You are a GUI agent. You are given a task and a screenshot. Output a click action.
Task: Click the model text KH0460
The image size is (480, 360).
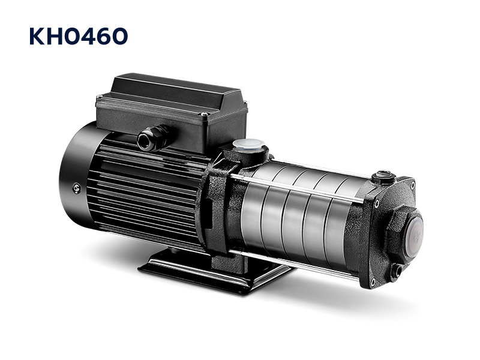pyautogui.click(x=79, y=36)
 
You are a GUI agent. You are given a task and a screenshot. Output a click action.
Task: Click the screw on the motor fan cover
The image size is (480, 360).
pyautogui.click(x=77, y=188)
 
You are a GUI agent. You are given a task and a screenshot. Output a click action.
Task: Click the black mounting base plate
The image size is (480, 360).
pyautogui.click(x=214, y=269)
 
